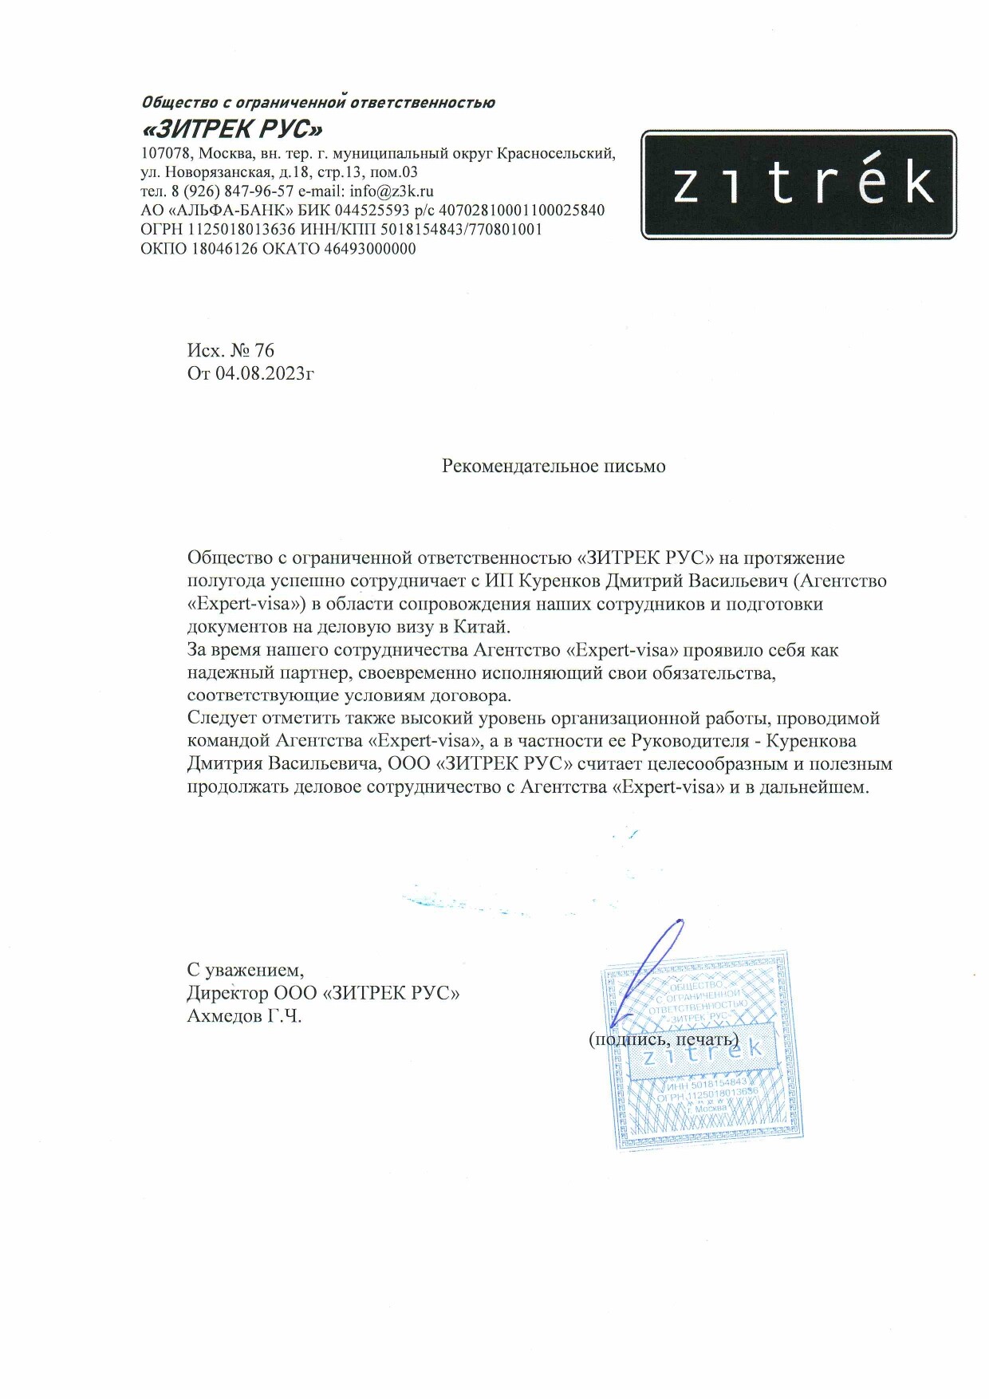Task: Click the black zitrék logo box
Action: click(798, 184)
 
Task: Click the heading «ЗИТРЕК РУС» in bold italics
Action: click(232, 128)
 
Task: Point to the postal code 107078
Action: click(166, 153)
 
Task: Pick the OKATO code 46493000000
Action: click(370, 249)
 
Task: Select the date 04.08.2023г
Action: click(264, 372)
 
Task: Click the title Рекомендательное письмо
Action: click(554, 466)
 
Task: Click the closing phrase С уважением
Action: click(245, 970)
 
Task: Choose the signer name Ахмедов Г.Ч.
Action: click(244, 1016)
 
